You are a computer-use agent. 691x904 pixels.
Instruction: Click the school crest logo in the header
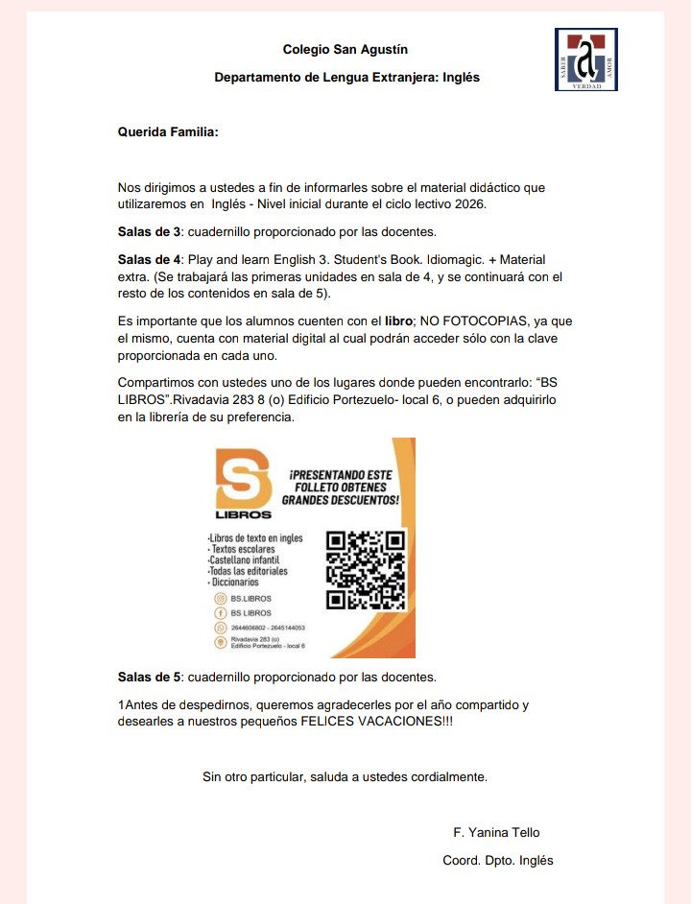tap(585, 59)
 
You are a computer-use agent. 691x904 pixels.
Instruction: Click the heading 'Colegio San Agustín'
tap(345, 49)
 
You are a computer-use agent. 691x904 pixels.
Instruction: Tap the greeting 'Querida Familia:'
tap(168, 131)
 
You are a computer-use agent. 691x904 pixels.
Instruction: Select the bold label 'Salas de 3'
tap(149, 231)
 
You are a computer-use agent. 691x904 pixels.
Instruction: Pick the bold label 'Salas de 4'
tap(149, 259)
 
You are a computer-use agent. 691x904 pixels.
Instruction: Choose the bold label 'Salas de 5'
tap(149, 677)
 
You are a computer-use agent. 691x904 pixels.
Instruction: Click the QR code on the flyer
tap(368, 571)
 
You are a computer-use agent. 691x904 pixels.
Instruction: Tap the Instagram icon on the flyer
tap(220, 599)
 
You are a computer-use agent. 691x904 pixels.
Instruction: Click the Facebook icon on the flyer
tap(220, 612)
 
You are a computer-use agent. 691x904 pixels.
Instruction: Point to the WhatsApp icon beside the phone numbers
tap(220, 627)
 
